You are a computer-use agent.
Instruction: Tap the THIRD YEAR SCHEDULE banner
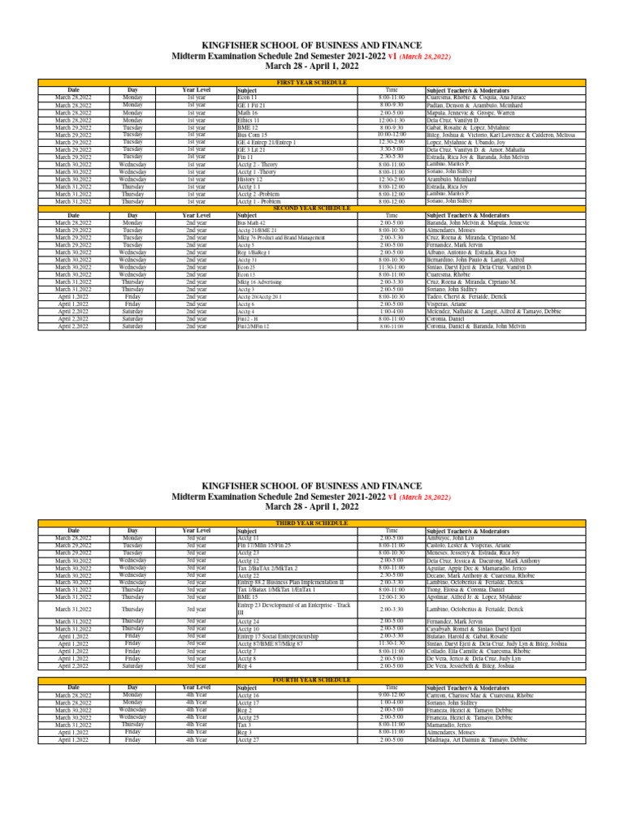(312, 523)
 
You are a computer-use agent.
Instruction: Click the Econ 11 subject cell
(247, 97)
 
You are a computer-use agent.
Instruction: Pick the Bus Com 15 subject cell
(253, 135)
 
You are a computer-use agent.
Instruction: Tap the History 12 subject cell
(250, 179)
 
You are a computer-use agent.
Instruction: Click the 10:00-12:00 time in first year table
(391, 135)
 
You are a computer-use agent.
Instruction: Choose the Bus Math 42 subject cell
(252, 222)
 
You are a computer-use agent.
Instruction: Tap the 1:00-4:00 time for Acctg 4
(391, 311)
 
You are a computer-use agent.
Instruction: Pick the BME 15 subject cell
(248, 596)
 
